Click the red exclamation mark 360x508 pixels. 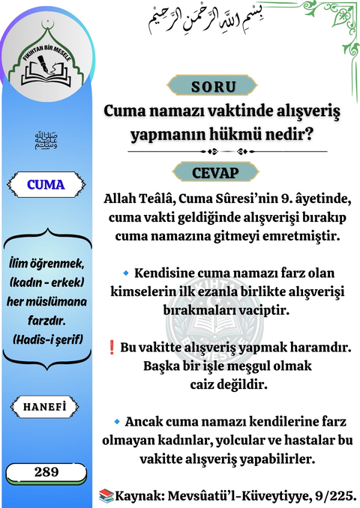coord(112,348)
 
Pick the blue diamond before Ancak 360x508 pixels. coord(116,422)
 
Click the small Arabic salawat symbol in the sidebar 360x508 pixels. coord(46,139)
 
